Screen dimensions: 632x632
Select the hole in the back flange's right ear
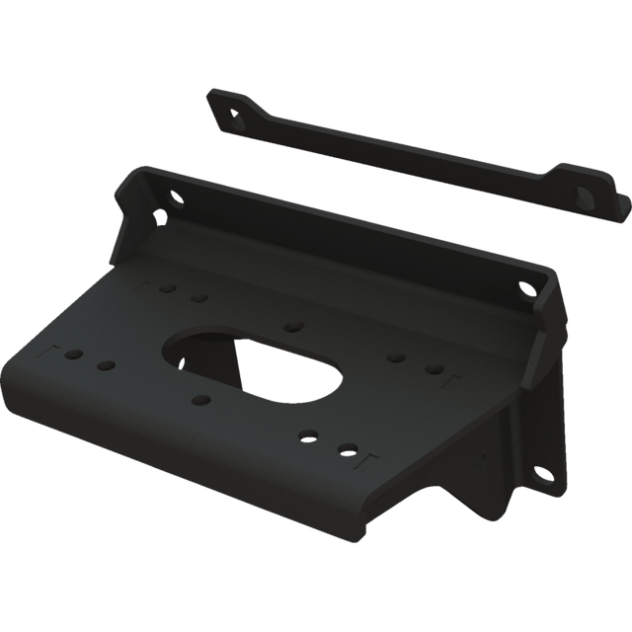[521, 289]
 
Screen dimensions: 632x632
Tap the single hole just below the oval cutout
[202, 400]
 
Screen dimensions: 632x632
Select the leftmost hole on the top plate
[72, 353]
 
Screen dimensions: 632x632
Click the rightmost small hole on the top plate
[433, 369]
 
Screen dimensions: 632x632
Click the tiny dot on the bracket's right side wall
[485, 456]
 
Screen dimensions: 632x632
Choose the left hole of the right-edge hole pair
[395, 357]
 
